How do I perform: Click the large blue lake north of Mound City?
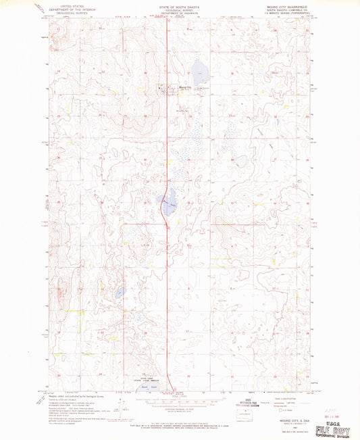[199, 68]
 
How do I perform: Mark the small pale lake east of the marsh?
[241, 160]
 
